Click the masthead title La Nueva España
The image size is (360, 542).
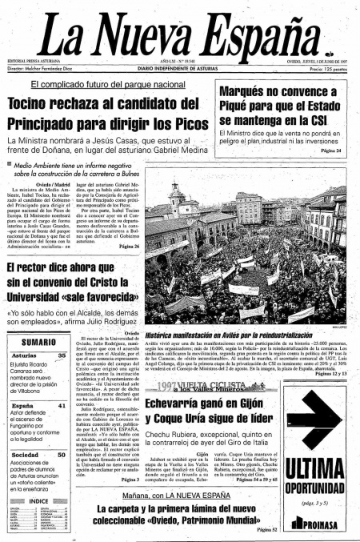(181, 33)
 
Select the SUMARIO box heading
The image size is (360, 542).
(34, 343)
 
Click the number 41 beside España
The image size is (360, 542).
(62, 405)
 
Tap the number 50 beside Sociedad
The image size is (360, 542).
(62, 455)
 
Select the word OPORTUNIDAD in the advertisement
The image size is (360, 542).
(315, 488)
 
